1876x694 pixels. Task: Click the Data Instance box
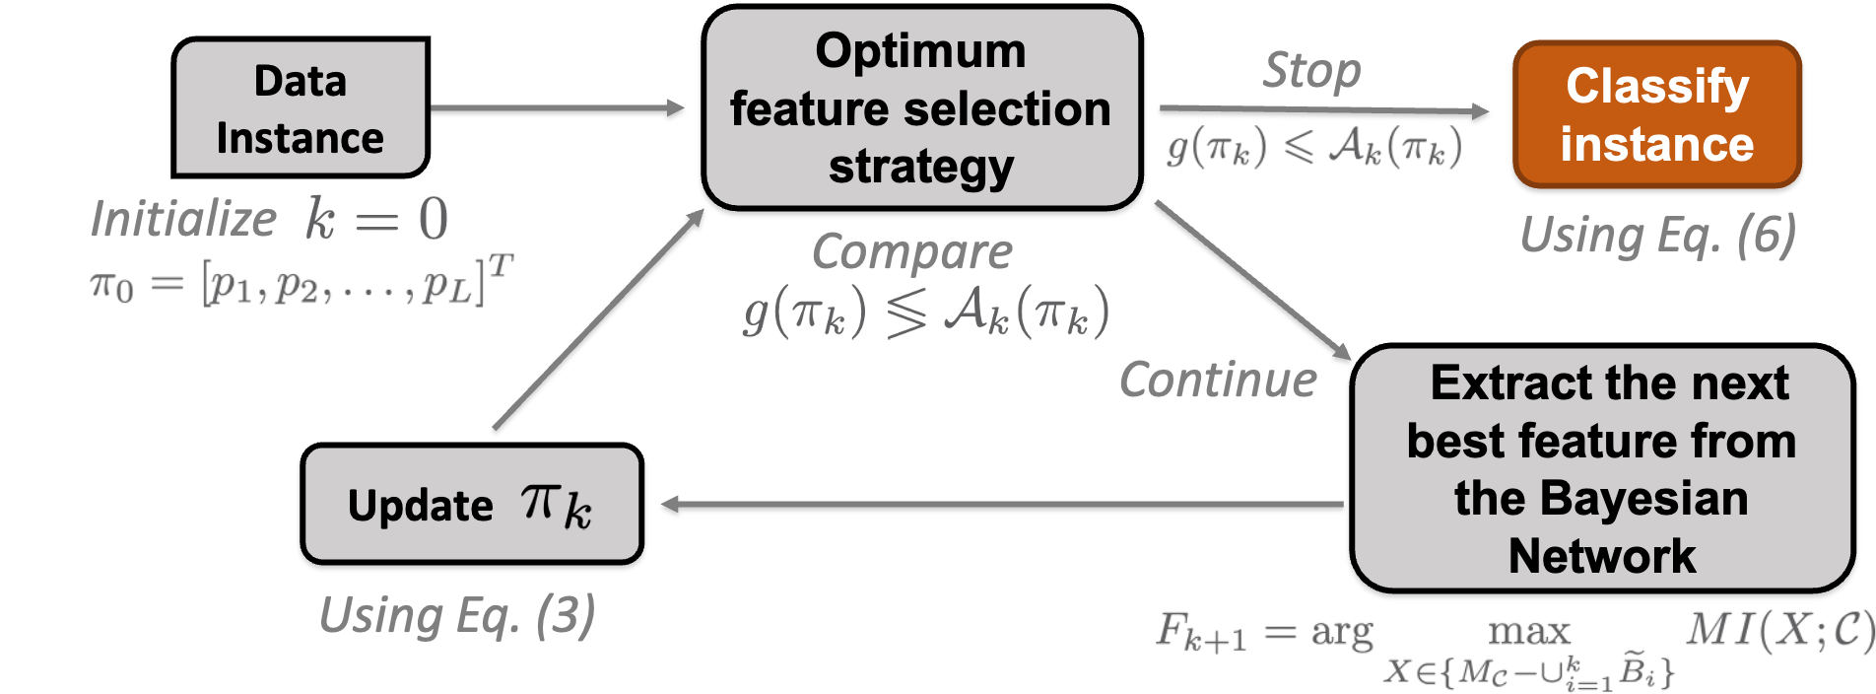pyautogui.click(x=301, y=108)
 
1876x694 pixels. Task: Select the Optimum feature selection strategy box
pyautogui.click(x=921, y=109)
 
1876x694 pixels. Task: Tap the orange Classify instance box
pyautogui.click(x=1657, y=115)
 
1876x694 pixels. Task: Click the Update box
pyautogui.click(x=472, y=506)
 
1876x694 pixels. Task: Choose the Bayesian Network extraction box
pyautogui.click(x=1601, y=469)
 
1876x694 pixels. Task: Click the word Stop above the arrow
pyautogui.click(x=1311, y=71)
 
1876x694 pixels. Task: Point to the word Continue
pyautogui.click(x=1218, y=381)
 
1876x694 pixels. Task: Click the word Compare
pyautogui.click(x=912, y=252)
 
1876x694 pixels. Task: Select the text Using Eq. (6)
pyautogui.click(x=1657, y=237)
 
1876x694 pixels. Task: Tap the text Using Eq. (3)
pyautogui.click(x=457, y=616)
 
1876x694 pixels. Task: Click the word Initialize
pyautogui.click(x=184, y=219)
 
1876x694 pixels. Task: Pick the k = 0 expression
pyautogui.click(x=377, y=219)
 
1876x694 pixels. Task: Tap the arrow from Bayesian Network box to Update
pyautogui.click(x=1000, y=508)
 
